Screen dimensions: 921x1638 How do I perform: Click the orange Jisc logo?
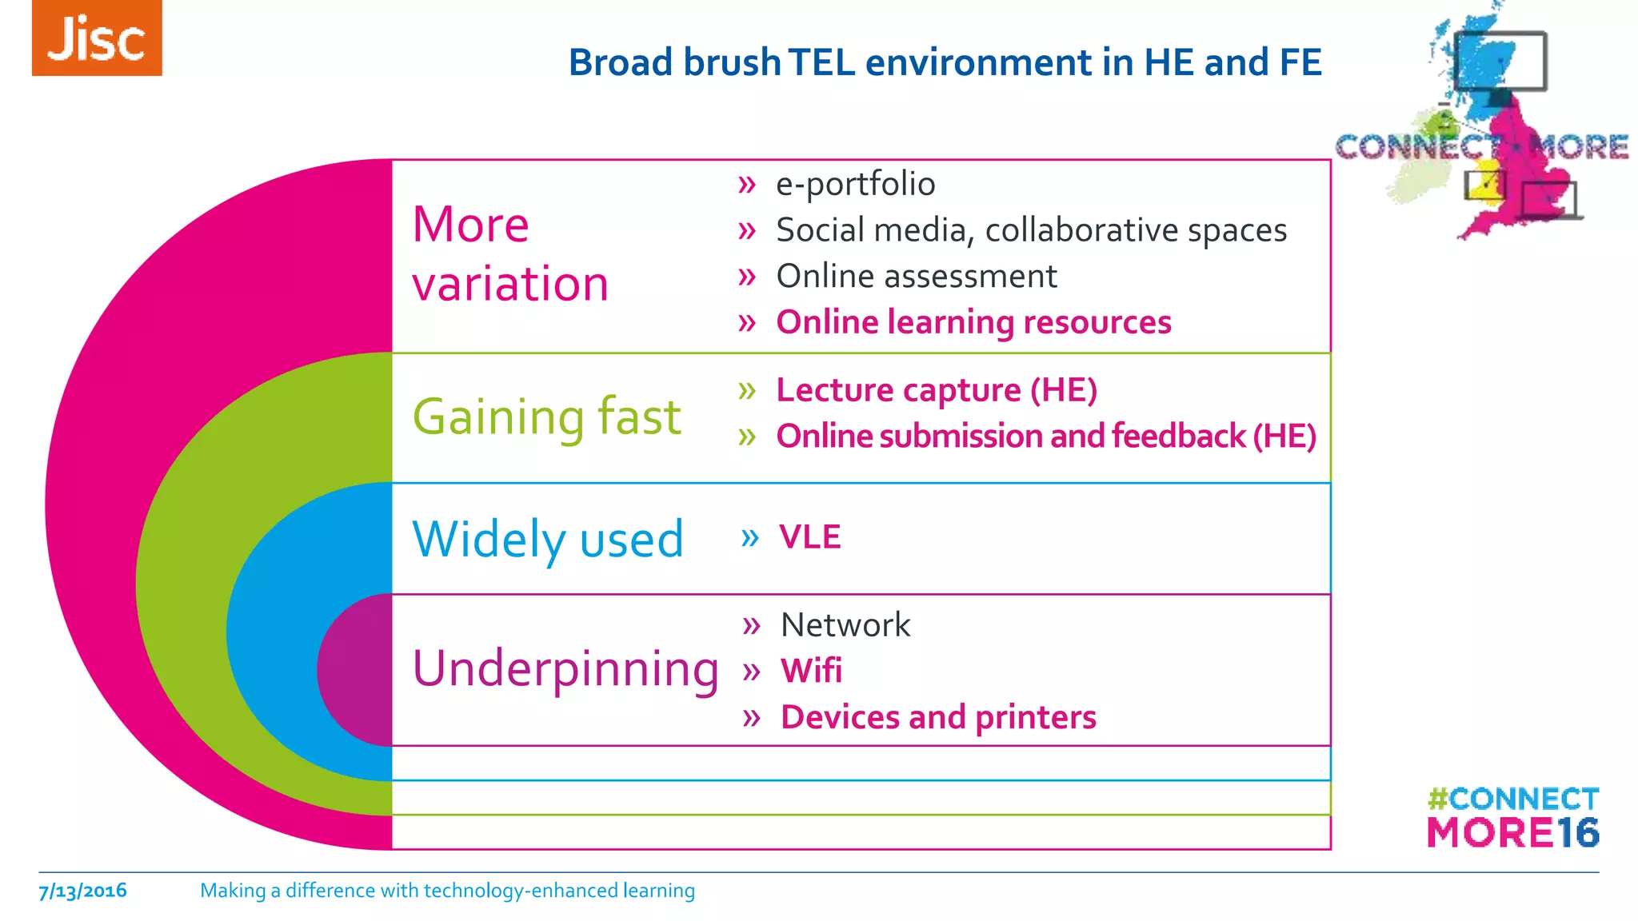97,38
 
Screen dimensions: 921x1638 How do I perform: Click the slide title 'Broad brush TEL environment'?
945,62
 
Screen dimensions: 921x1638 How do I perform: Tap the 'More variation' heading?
510,253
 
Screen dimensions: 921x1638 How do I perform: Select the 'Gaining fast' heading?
547,417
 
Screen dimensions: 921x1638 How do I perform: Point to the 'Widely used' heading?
548,539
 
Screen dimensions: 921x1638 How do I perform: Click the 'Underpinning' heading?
565,668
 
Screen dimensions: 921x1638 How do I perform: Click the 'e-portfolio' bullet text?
855,184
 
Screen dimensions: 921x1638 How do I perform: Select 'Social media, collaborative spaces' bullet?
1031,230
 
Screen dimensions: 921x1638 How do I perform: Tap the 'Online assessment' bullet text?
917,277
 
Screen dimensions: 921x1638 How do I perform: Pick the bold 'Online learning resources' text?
973,322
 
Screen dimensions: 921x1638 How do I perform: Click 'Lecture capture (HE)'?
937,390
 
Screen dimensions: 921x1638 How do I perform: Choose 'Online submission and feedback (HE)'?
1046,437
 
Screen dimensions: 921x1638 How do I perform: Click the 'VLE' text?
810,537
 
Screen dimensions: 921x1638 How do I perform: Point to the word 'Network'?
845,624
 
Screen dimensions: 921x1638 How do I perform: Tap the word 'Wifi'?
811,671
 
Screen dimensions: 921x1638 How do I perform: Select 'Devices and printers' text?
938,717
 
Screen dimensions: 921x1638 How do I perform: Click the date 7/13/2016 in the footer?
83,891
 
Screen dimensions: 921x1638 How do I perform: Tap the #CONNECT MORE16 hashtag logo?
1512,817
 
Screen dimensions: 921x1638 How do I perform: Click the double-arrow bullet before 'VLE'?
749,537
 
